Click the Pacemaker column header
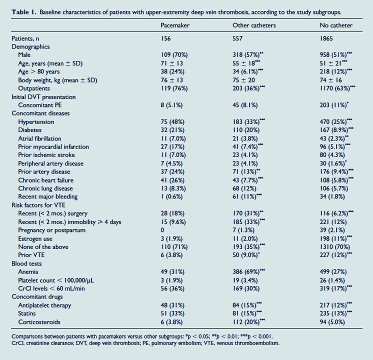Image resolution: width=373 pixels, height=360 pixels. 175,25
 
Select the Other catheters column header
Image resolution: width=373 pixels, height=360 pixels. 254,25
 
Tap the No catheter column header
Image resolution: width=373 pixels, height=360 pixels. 336,25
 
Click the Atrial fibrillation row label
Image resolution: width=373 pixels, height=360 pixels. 39,138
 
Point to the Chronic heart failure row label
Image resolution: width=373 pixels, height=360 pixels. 45,180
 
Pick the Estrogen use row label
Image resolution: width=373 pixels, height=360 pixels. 35,238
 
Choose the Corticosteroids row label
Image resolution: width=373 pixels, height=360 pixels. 39,322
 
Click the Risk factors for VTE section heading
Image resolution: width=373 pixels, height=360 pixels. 38,205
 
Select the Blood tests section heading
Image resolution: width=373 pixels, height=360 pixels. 26,263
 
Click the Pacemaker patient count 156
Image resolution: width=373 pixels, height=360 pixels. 165,38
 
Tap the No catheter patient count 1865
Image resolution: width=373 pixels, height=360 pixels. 326,38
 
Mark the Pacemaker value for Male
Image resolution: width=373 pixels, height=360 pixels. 174,55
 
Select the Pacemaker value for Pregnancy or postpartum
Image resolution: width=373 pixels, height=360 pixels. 162,230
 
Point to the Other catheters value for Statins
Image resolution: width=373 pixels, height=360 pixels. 247,313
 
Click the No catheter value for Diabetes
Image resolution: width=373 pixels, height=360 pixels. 336,130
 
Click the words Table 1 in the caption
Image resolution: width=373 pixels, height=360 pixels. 24,12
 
